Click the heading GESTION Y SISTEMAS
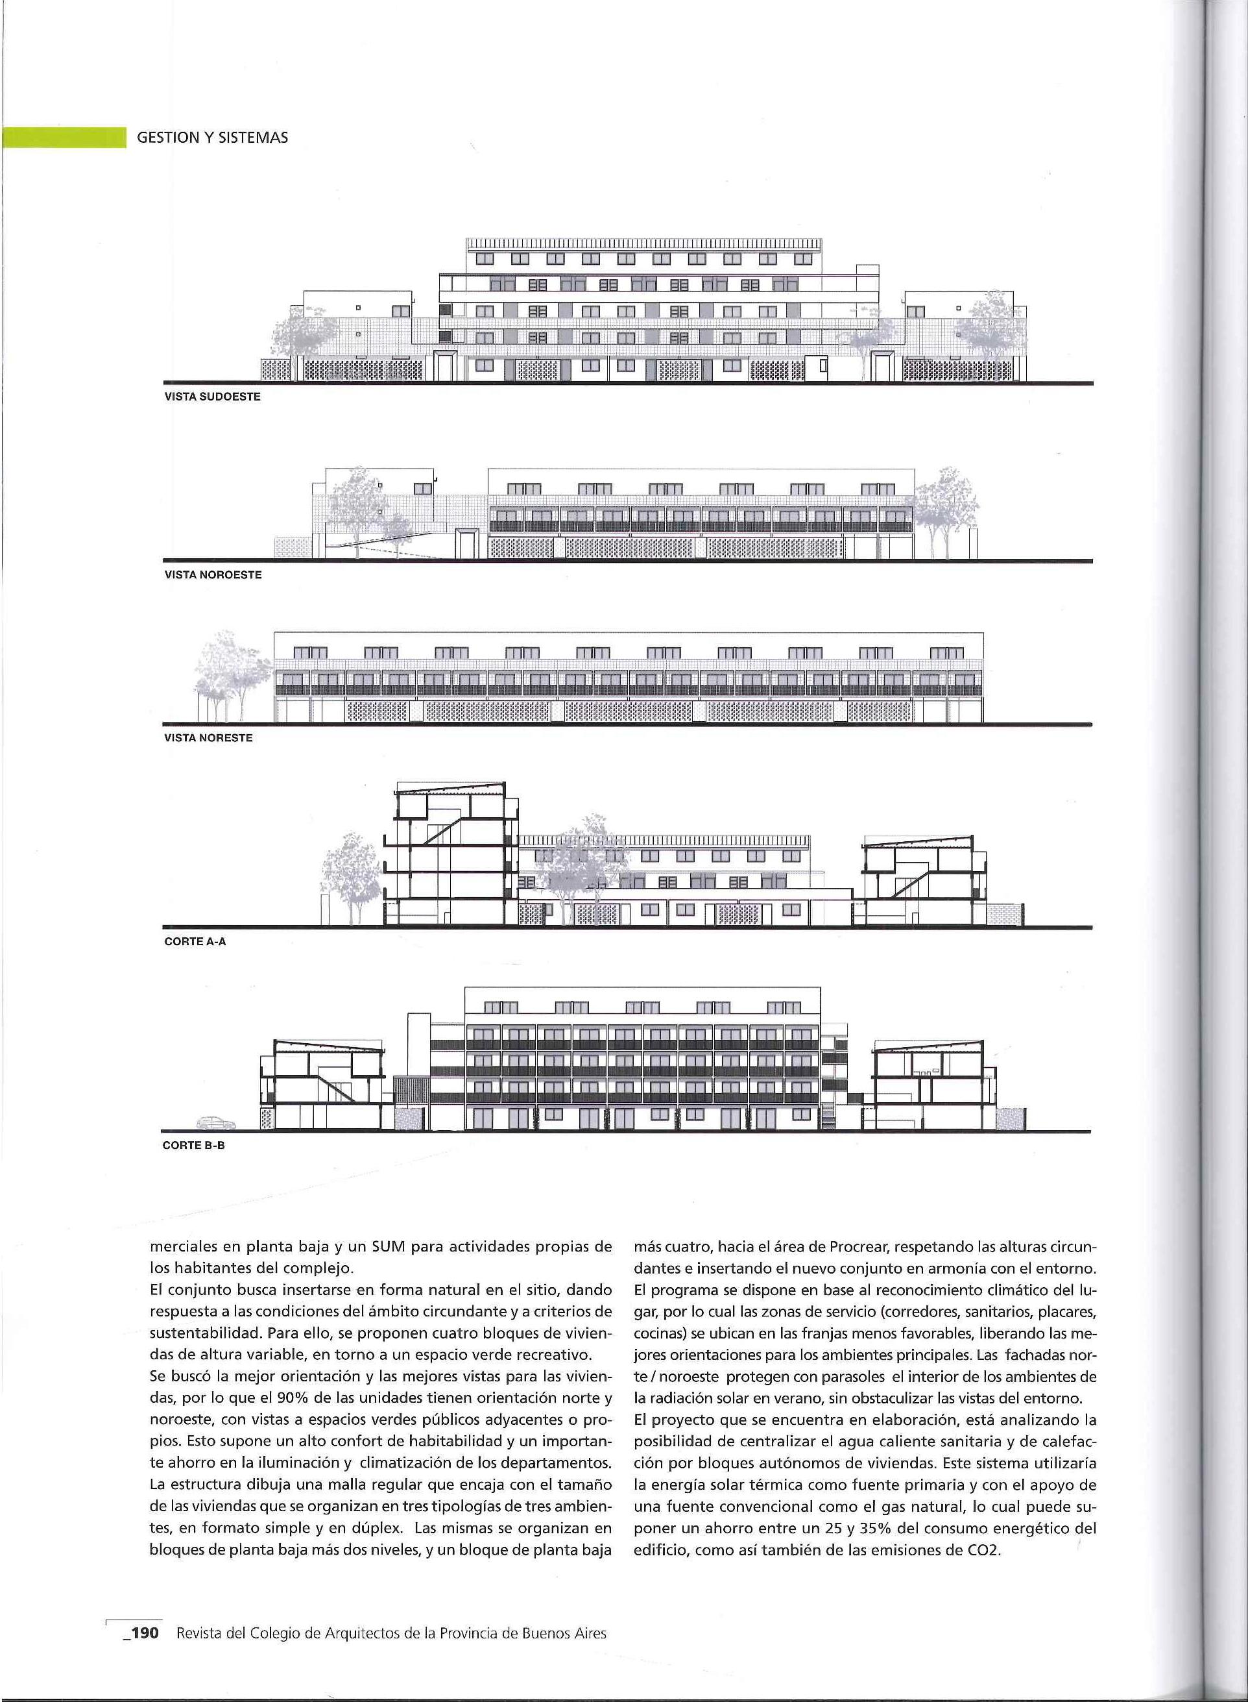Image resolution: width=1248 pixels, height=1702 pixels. click(212, 138)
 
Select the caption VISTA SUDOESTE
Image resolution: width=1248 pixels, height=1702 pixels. click(212, 397)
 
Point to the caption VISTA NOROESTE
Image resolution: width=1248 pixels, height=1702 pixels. click(213, 574)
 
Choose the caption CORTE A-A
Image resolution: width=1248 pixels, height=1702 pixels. click(195, 942)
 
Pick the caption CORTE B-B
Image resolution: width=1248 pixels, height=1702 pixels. click(194, 1145)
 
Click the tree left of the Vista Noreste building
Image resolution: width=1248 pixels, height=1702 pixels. click(224, 672)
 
